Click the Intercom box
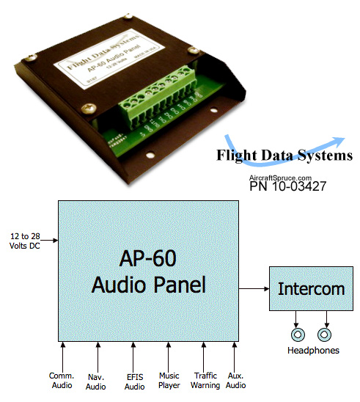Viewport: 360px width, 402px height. (x=311, y=288)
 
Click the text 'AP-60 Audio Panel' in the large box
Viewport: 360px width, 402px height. (x=149, y=271)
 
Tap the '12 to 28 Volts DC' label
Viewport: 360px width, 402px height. (x=25, y=240)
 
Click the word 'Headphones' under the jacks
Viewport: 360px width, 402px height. (x=312, y=351)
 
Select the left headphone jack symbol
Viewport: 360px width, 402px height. (x=298, y=335)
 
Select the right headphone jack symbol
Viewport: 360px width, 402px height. (x=324, y=335)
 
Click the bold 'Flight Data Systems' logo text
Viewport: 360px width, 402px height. (x=284, y=156)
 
